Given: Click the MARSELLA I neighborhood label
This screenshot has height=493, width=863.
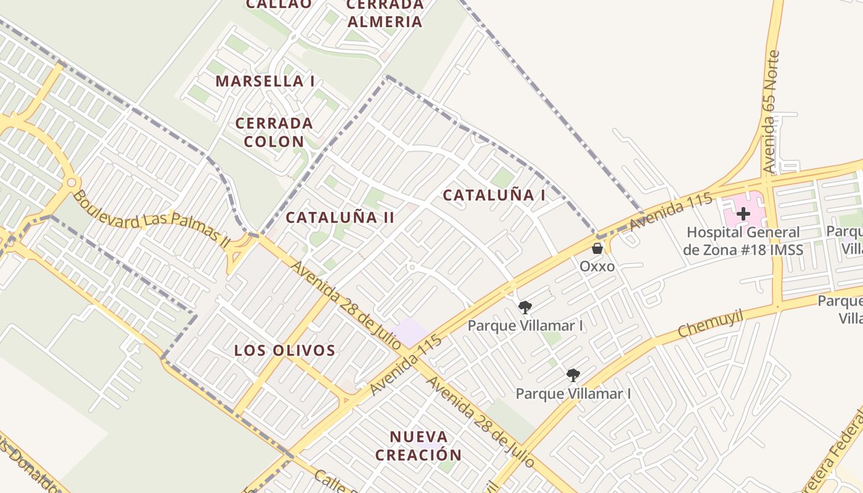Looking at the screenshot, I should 265,81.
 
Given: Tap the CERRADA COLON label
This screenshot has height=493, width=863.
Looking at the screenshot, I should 274,132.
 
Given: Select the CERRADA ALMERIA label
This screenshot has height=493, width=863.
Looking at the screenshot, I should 385,14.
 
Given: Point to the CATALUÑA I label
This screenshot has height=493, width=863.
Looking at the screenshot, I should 494,195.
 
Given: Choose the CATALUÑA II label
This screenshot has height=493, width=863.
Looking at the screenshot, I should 340,217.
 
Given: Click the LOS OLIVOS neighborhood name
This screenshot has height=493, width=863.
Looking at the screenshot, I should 284,351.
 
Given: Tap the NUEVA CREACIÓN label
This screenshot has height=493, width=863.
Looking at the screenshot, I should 419,446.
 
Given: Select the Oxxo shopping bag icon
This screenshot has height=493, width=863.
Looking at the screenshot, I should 597,248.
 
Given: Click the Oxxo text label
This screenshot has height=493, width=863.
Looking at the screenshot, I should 597,266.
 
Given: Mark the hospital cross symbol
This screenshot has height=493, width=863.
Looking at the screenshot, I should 743,214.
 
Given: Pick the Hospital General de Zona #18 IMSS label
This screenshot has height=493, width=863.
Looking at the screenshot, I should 743,241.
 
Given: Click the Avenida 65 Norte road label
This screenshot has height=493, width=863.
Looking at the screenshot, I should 772,111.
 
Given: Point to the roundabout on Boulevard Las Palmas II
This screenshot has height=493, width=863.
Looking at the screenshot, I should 72,182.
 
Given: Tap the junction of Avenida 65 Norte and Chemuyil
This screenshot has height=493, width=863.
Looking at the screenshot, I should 778,304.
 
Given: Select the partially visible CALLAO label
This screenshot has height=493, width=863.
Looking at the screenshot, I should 279,4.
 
